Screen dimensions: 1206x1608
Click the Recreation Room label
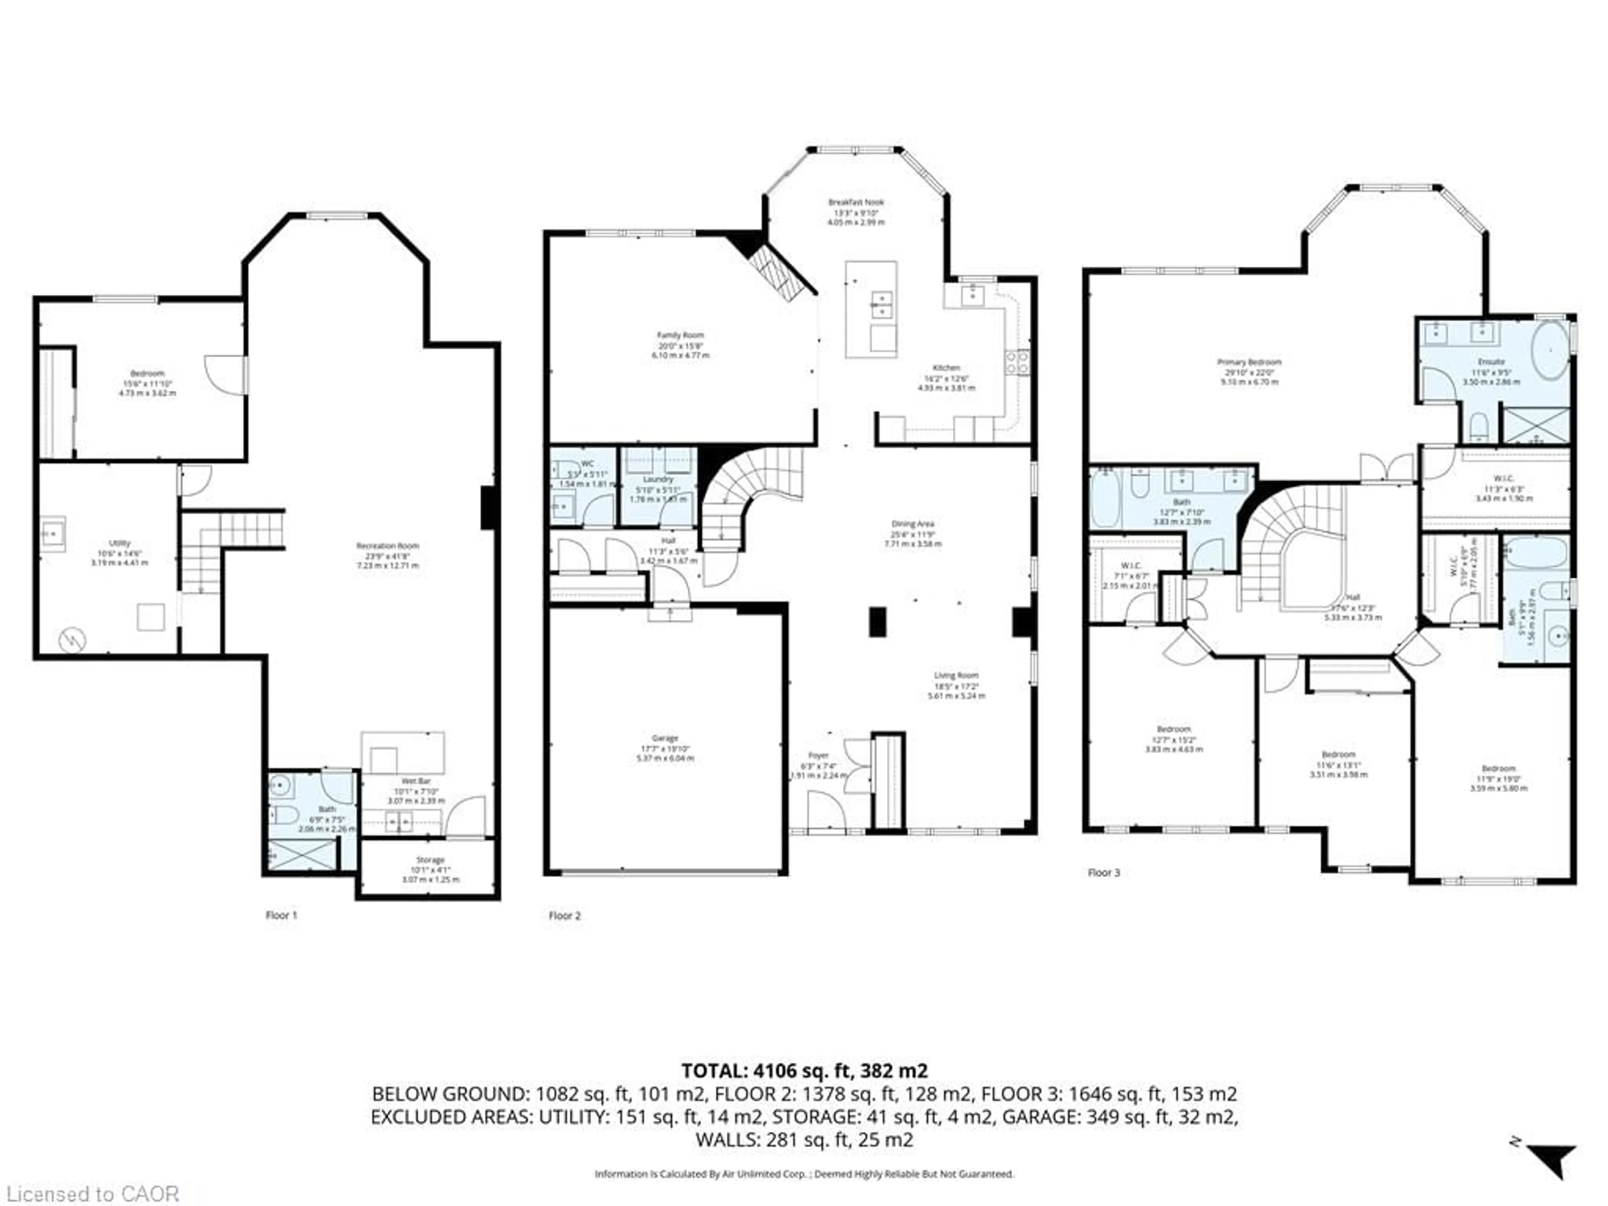tap(387, 546)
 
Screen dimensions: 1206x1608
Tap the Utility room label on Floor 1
tap(119, 543)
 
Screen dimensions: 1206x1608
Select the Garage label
tap(665, 738)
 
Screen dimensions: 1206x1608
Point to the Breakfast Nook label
tap(856, 203)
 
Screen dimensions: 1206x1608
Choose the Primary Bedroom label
tap(1249, 362)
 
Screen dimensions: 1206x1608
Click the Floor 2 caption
tap(564, 916)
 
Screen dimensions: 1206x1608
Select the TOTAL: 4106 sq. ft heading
tap(804, 1071)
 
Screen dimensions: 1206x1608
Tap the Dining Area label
tap(912, 523)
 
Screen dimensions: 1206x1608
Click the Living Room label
tap(956, 675)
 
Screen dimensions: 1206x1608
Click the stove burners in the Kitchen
tap(1016, 362)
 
